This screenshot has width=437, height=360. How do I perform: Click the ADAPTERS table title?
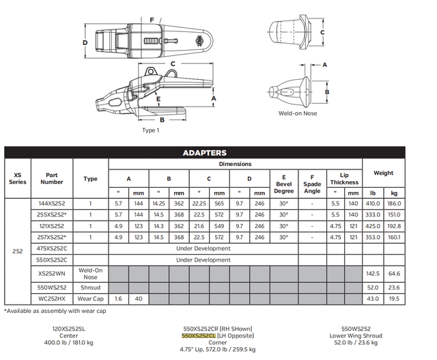(x=204, y=153)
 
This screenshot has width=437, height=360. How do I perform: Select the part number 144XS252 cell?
(x=52, y=204)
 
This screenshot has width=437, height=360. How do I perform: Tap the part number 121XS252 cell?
(x=52, y=225)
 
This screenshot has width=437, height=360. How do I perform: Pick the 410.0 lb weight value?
(x=373, y=204)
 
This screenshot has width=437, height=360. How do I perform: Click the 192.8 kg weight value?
(x=394, y=225)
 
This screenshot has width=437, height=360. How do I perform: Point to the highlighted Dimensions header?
(x=234, y=164)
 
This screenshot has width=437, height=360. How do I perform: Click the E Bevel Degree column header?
(x=283, y=183)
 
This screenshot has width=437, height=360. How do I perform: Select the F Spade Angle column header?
(x=312, y=183)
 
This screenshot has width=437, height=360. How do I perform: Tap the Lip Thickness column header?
(x=344, y=178)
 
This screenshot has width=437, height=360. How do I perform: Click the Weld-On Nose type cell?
(x=90, y=273)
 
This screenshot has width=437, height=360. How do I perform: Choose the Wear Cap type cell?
(x=90, y=299)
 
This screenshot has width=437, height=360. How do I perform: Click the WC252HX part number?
(x=52, y=299)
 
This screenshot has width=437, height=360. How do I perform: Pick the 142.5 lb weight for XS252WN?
(x=373, y=273)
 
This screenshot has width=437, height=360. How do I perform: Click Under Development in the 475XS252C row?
(x=203, y=248)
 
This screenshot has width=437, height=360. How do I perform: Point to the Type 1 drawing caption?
(x=150, y=130)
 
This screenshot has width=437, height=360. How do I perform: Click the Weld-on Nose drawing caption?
(x=297, y=114)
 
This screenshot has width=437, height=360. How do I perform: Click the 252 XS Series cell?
(x=18, y=251)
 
